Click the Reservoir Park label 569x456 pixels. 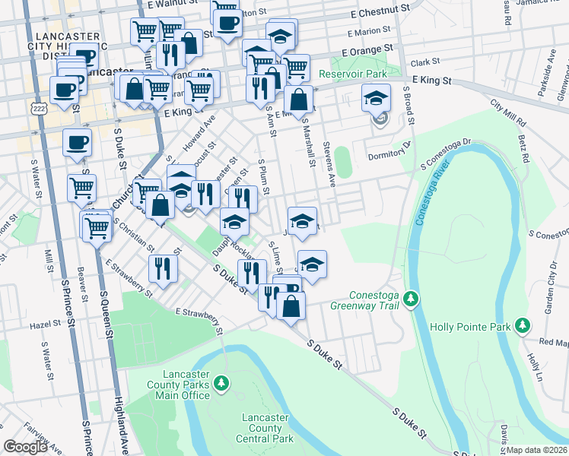coord(353,74)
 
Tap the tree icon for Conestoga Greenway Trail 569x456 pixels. coord(411,297)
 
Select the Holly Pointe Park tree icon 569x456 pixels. coord(522,325)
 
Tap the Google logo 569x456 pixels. coord(25,447)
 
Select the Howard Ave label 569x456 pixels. coord(199,132)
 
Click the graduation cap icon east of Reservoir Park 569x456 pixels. coord(377,99)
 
